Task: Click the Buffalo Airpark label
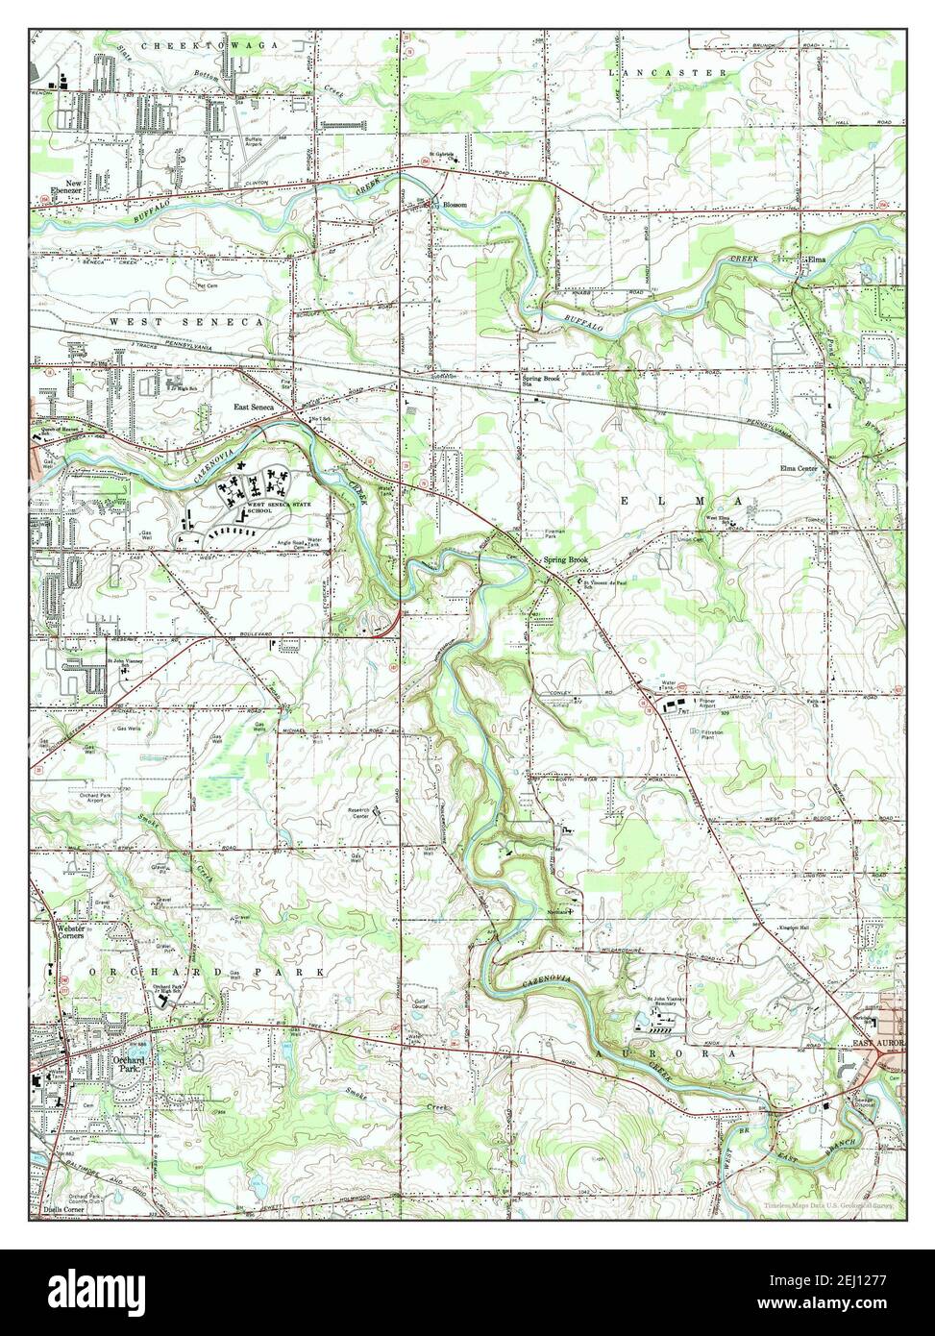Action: [x=253, y=142]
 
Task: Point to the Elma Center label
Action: [x=799, y=469]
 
